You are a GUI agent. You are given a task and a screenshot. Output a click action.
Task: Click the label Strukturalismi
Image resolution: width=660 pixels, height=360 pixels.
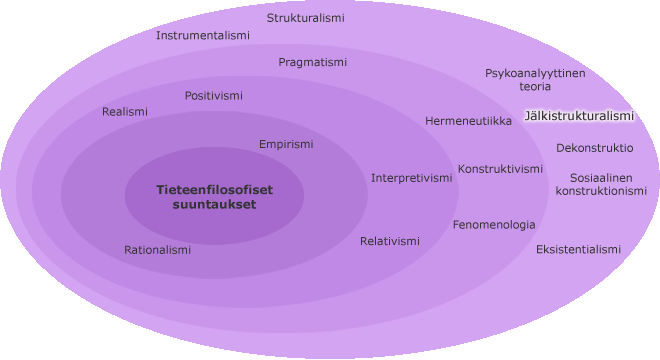[306, 18]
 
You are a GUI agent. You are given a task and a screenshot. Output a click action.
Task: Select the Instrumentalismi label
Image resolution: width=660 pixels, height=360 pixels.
[203, 35]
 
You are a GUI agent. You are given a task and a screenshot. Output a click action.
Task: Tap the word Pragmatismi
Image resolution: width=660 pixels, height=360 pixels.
[313, 63]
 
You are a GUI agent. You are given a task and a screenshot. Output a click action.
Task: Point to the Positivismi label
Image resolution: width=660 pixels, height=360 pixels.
[214, 96]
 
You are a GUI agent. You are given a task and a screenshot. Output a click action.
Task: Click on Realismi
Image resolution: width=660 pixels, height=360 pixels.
[125, 112]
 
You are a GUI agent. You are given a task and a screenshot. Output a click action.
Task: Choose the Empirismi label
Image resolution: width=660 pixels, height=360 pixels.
[286, 144]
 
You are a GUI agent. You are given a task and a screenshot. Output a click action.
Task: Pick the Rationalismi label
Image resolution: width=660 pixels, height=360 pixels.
[157, 250]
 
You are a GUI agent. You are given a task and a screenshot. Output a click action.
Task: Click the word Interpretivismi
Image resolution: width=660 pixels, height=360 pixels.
[412, 179]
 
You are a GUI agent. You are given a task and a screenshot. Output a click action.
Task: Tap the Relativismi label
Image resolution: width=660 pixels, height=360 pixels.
[390, 241]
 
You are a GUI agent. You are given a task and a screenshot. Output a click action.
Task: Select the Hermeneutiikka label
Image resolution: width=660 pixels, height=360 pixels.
[468, 121]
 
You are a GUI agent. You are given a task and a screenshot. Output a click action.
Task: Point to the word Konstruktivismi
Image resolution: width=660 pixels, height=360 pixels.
[500, 169]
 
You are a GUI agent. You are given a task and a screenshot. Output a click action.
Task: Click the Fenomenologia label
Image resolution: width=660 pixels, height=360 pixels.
[494, 225]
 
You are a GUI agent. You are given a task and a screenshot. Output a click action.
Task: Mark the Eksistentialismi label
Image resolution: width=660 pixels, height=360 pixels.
[578, 250]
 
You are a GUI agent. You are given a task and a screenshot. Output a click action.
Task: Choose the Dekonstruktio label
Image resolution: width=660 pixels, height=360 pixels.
[595, 148]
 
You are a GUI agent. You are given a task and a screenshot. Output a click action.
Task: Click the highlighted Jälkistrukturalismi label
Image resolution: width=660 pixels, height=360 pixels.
[579, 116]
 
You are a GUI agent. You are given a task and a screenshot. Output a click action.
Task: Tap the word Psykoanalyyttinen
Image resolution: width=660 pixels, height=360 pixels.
[535, 74]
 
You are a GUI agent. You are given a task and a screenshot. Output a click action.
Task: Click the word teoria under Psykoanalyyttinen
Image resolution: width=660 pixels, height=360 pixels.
[535, 87]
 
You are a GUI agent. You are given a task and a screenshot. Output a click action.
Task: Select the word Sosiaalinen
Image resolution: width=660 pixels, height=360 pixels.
[601, 178]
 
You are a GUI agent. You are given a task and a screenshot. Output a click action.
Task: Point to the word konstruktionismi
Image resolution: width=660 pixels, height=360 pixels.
[601, 191]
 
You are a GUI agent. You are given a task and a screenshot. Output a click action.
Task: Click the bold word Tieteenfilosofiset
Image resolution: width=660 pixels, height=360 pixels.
[215, 190]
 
